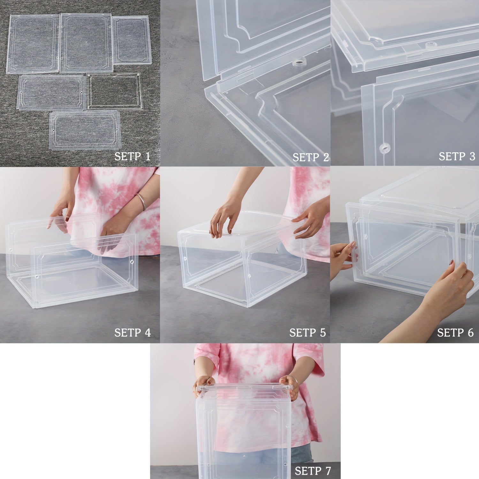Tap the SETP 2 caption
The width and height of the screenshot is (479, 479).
tap(310, 157)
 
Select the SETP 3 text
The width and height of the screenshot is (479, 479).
tap(457, 156)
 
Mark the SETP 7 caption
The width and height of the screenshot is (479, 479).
tap(313, 470)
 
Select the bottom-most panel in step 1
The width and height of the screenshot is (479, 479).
tap(85, 130)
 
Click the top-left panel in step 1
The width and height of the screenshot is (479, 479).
tap(33, 44)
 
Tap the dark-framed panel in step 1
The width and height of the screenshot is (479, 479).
tap(114, 91)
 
